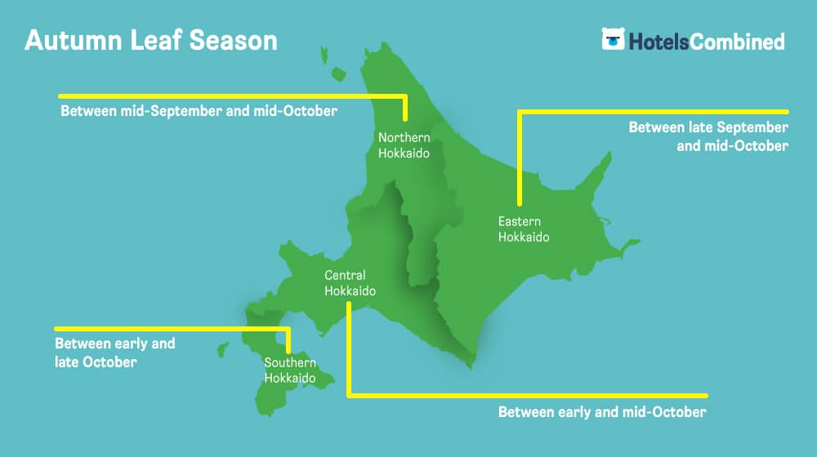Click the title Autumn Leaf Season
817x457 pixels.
pyautogui.click(x=151, y=40)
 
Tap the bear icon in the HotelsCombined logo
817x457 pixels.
pyautogui.click(x=614, y=39)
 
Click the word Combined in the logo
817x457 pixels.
pyautogui.click(x=737, y=42)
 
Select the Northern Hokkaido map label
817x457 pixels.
pyautogui.click(x=404, y=145)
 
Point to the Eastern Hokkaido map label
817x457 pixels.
pyautogui.click(x=524, y=229)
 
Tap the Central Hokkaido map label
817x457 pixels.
pyautogui.click(x=350, y=282)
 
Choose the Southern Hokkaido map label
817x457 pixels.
pyautogui.click(x=290, y=370)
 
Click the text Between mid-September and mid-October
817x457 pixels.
pyautogui.click(x=199, y=111)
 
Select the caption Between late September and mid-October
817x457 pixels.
pyautogui.click(x=708, y=136)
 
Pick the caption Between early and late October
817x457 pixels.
pyautogui.click(x=115, y=353)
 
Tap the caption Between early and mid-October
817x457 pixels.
pyautogui.click(x=602, y=412)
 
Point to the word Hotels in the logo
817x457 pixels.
pyautogui.click(x=659, y=42)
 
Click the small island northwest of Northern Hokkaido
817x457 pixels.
pyautogui.click(x=339, y=74)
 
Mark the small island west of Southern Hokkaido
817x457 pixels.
pyautogui.click(x=223, y=349)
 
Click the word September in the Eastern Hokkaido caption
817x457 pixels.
pyautogui.click(x=752, y=127)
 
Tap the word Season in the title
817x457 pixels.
pyautogui.click(x=233, y=40)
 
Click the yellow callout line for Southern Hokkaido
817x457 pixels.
pyautogui.click(x=171, y=329)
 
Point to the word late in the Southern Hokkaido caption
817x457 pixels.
pyautogui.click(x=66, y=362)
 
